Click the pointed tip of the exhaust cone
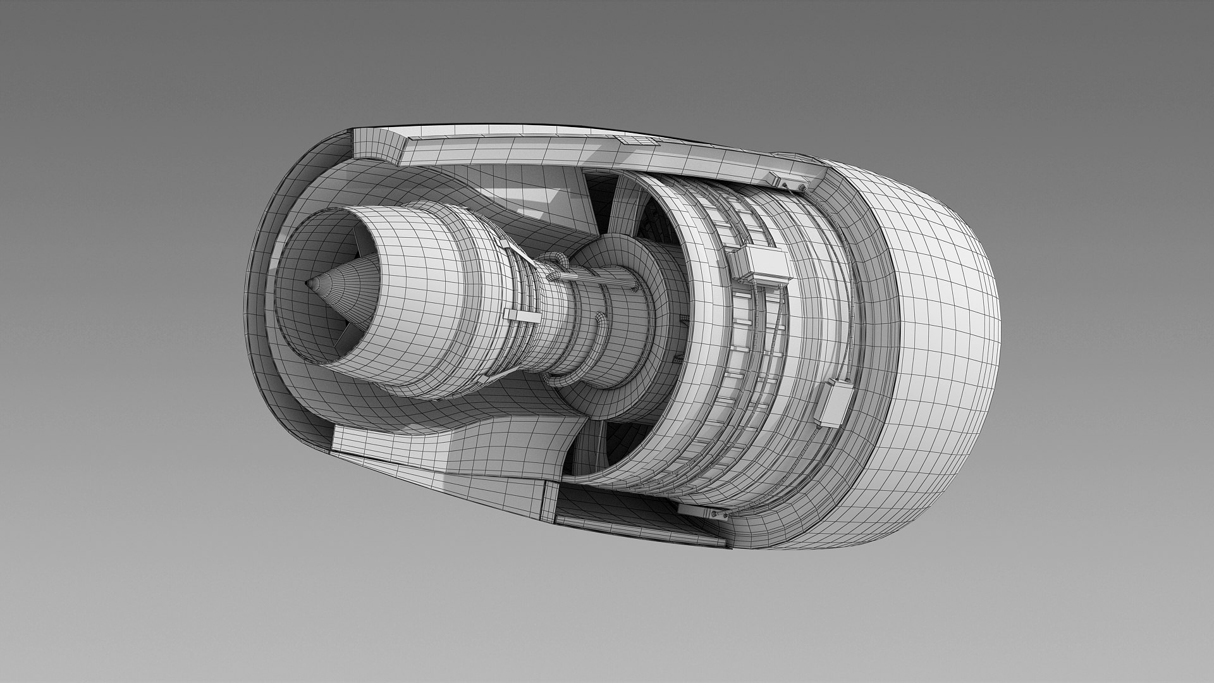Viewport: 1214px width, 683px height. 309,284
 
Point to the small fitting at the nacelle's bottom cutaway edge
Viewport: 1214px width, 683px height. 711,513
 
